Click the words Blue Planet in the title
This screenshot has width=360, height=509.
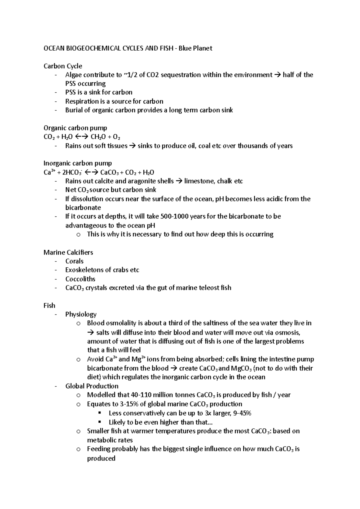tap(196, 48)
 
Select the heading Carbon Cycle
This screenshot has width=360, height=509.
tap(63, 66)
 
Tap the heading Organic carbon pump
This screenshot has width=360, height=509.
tap(75, 128)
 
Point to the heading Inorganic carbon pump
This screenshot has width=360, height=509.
tap(78, 163)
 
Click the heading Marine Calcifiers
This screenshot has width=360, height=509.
tap(68, 252)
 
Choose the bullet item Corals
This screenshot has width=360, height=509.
tap(74, 261)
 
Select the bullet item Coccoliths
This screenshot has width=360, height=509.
tap(80, 279)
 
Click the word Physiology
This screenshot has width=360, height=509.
tap(81, 314)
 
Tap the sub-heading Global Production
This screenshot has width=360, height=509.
tap(92, 386)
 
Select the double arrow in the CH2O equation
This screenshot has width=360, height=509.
tap(81, 137)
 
